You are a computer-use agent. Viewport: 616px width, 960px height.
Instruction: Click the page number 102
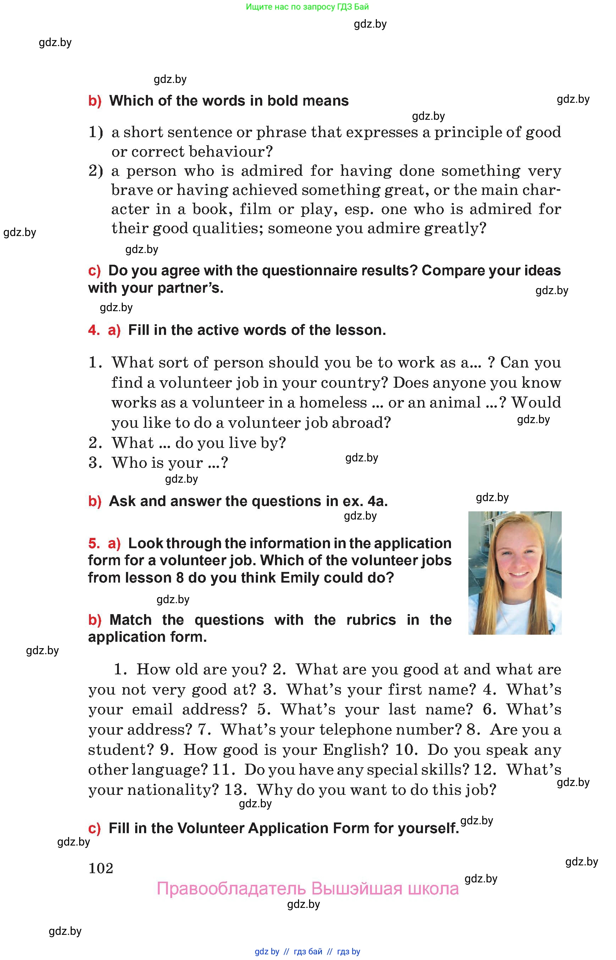[x=101, y=868]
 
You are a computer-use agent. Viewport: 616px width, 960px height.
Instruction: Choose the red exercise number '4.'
[x=94, y=330]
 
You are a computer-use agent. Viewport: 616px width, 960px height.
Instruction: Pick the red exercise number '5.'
[x=94, y=543]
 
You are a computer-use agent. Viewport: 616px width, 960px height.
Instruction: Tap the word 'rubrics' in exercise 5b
[x=371, y=620]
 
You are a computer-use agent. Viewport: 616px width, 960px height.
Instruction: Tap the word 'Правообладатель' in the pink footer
[x=231, y=888]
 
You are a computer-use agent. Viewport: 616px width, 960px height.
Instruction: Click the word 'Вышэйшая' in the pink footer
[x=356, y=888]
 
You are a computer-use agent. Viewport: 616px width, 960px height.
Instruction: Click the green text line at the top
[x=307, y=7]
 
